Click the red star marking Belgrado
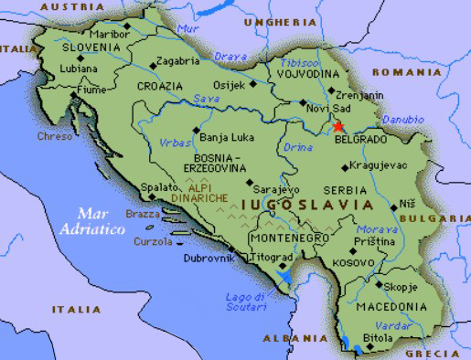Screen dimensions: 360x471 pos(339,126)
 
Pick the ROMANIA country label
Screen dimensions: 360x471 pos(406,71)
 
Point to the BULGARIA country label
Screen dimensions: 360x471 pos(443,218)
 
